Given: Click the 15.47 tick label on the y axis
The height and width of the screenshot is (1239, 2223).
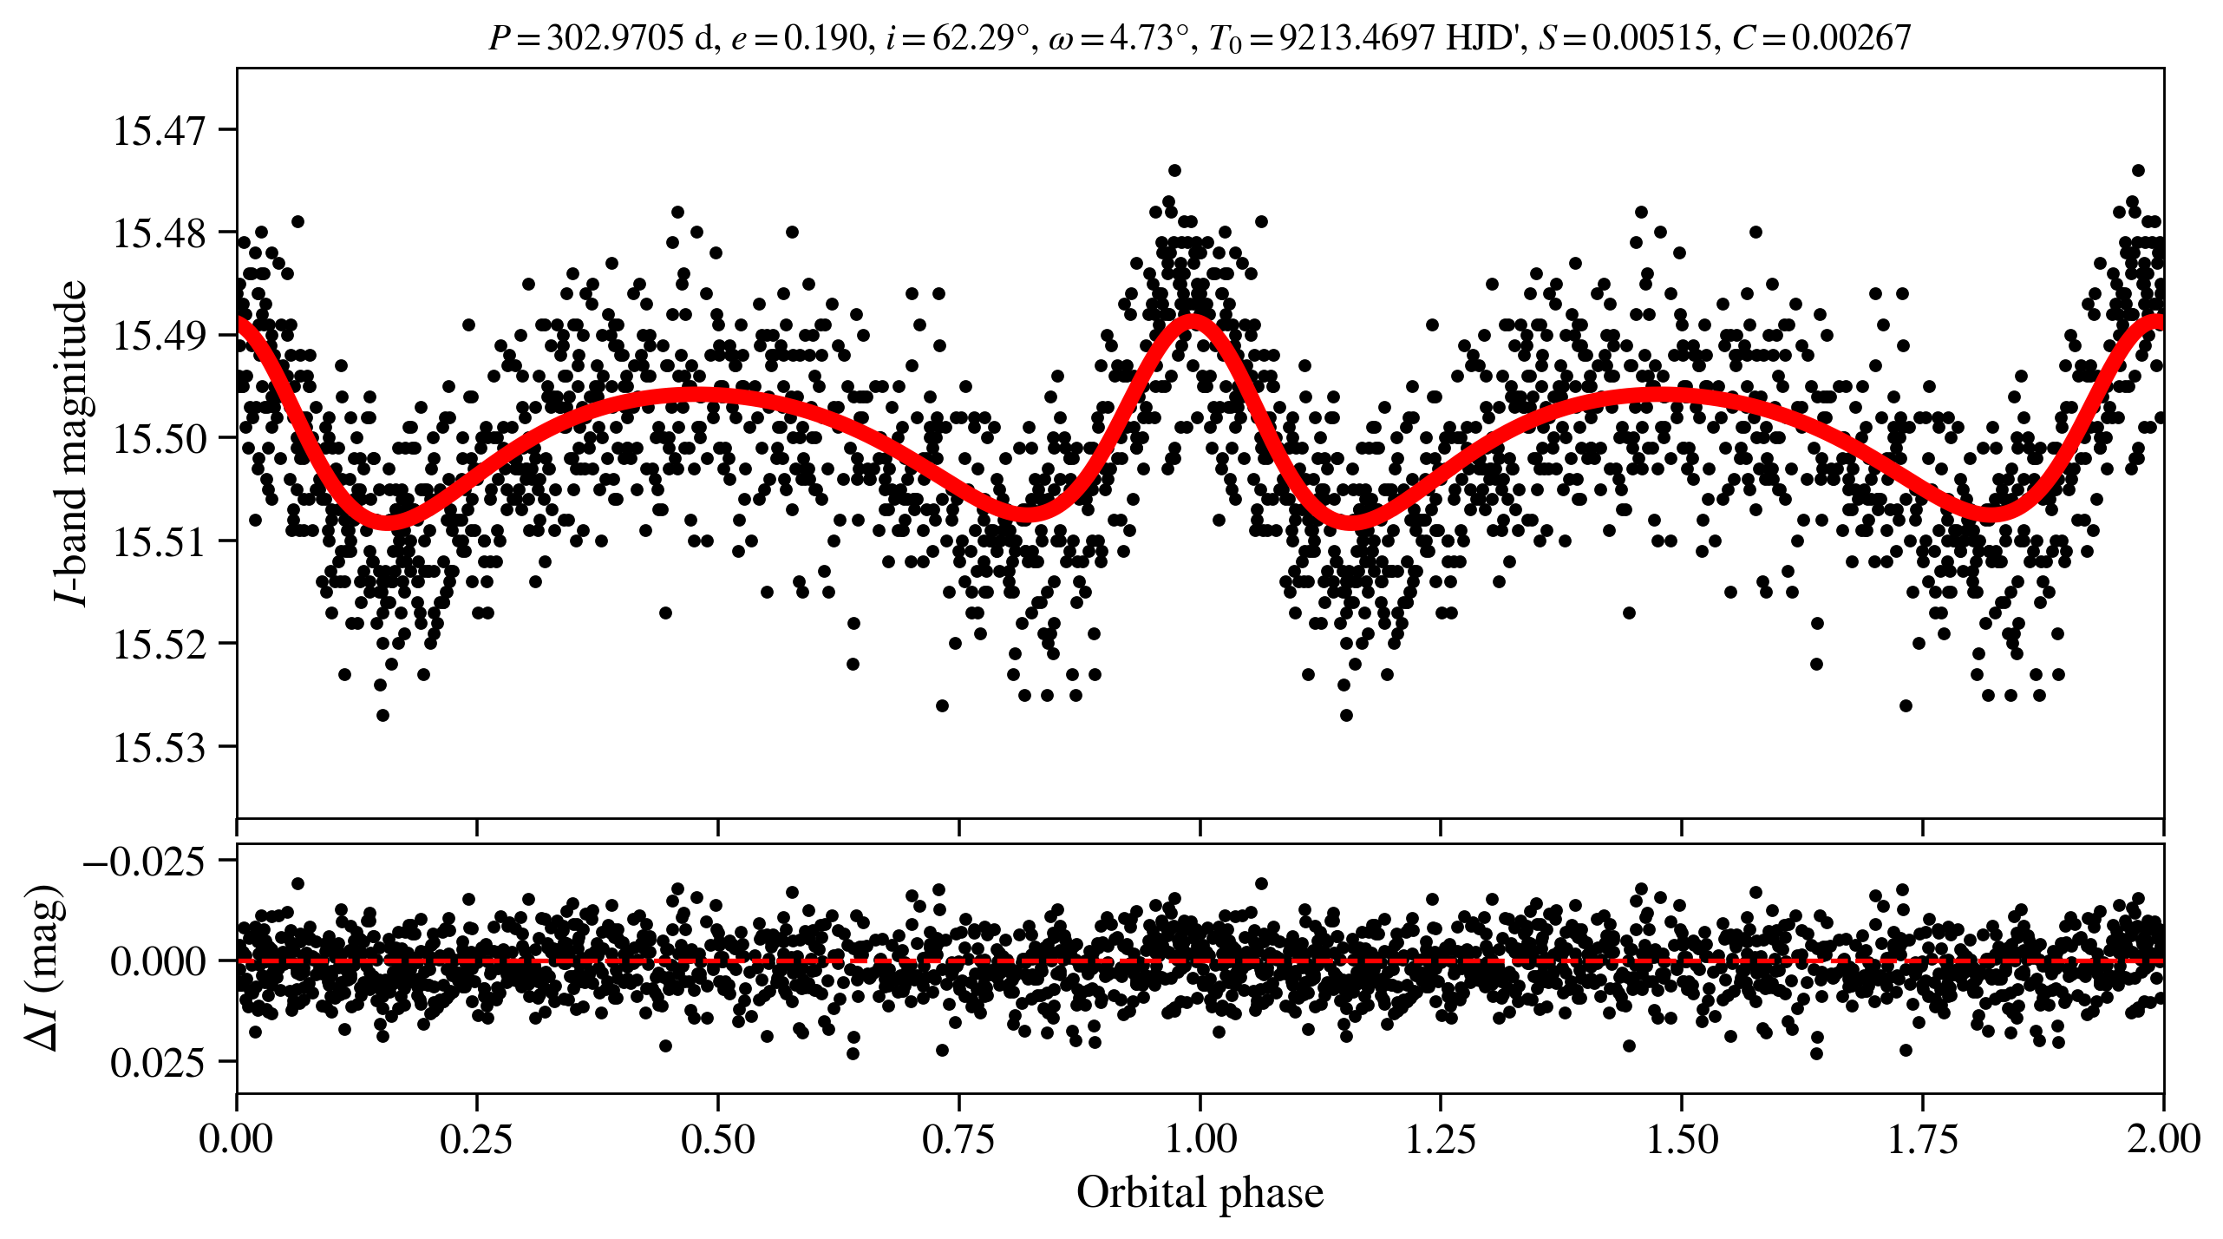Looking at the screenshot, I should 160,131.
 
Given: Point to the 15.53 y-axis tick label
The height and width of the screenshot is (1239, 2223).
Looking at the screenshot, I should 160,747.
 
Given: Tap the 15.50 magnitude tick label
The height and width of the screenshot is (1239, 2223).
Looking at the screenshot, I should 160,439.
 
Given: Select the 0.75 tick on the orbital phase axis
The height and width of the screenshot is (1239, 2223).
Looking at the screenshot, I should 958,1139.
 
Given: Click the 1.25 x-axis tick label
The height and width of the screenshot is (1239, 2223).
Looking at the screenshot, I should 1441,1139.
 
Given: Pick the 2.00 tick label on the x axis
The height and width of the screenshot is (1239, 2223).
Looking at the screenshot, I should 2163,1139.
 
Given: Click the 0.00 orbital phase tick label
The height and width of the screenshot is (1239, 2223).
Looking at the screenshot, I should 236,1139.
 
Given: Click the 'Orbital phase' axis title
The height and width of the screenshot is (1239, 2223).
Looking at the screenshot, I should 1200,1193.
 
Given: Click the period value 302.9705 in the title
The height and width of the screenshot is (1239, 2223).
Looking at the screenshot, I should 614,38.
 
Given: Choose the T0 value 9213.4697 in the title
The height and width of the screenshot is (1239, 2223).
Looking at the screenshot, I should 1357,38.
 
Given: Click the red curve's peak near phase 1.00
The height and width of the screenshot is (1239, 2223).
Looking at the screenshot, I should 1194,321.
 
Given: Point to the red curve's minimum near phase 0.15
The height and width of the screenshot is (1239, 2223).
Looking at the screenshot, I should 385,521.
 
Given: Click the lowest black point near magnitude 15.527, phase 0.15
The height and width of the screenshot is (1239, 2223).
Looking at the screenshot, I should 382,715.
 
